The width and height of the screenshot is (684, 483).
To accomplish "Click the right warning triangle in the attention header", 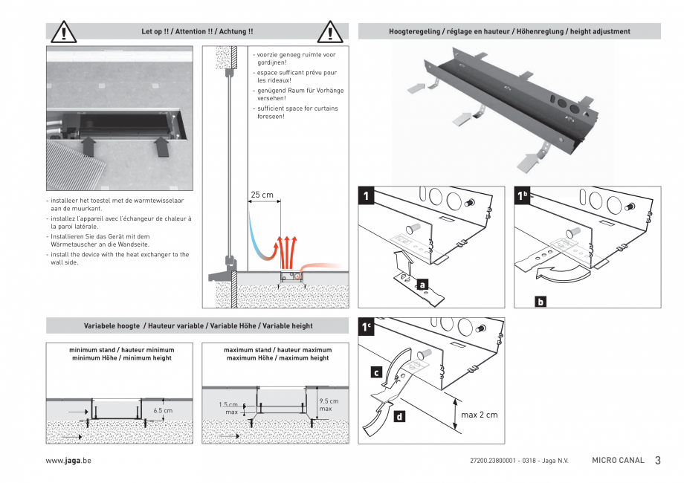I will coord(329,33).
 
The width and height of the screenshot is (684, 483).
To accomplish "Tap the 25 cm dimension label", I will coord(261,195).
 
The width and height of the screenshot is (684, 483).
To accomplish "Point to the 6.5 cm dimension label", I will coord(163,410).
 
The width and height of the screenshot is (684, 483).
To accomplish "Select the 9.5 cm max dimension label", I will coord(328,405).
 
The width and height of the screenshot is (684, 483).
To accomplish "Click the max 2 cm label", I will coord(479,415).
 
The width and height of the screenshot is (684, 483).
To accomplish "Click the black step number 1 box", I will coord(367,196).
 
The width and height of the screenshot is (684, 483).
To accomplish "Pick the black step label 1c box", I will coord(367,328).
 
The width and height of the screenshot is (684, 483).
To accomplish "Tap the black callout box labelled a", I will coord(422,284).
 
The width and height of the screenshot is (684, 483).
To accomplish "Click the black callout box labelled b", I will coord(541,301).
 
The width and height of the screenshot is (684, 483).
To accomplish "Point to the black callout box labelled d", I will coord(399,417).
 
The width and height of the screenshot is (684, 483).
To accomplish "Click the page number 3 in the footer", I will coord(657,461).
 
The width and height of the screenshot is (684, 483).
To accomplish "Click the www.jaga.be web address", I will coord(68,461).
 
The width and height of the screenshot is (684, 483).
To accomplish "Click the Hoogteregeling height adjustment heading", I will coord(509,32).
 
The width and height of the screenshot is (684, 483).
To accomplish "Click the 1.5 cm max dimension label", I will coord(229,408).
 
